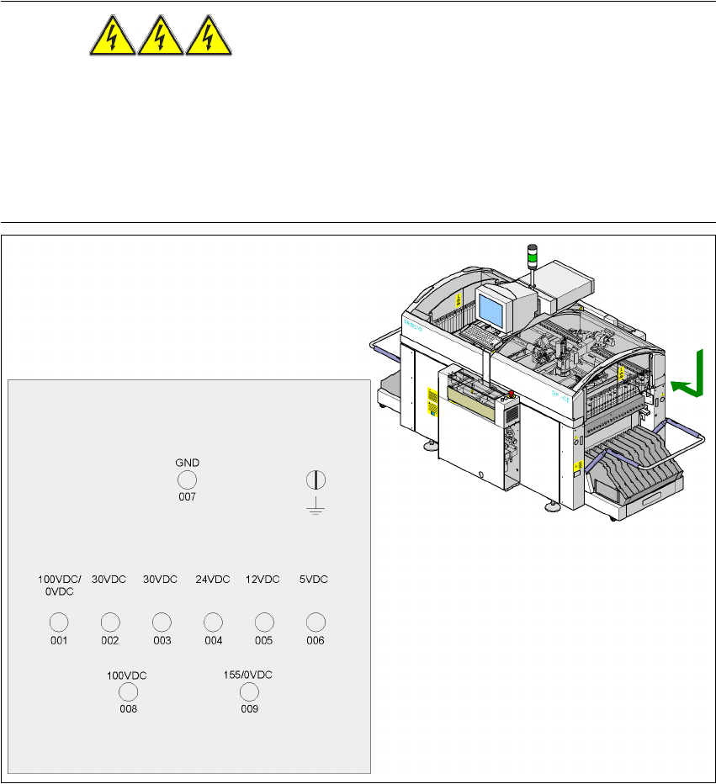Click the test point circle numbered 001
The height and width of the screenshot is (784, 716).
coord(58,622)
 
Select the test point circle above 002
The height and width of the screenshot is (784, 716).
coord(109,622)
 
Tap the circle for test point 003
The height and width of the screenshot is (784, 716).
coord(162,622)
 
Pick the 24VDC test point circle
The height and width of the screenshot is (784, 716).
coord(213,622)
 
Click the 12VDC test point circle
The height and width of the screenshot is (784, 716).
coord(264,622)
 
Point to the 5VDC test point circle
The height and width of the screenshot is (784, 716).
coord(315,622)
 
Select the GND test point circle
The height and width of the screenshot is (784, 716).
coord(186,479)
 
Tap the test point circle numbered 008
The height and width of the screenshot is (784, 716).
coord(128,692)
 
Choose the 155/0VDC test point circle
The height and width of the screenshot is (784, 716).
coord(248,692)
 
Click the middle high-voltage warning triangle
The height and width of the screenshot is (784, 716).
coord(158,39)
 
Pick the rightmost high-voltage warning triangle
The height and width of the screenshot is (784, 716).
coord(208,39)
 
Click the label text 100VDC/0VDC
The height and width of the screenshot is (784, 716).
coord(59,585)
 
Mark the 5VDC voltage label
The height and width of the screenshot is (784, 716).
coord(314,580)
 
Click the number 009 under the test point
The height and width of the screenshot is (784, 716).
coord(248,709)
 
